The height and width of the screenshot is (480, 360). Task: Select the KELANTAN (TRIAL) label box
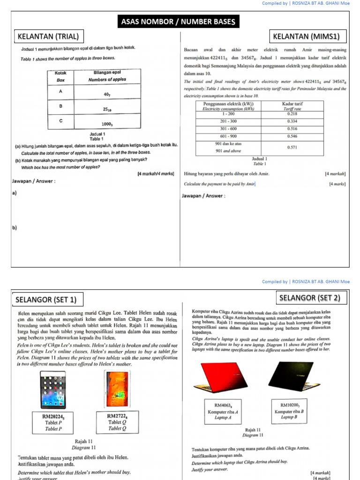coord(47,37)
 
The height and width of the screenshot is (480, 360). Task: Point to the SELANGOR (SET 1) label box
coord(45,299)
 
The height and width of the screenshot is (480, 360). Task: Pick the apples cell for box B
coord(107,109)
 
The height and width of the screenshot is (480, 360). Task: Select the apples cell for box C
coord(107,124)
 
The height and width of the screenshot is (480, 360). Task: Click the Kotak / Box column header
coord(61,76)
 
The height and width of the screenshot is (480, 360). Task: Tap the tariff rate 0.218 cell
coord(292,114)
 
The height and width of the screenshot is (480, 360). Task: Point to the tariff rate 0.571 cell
coord(292,147)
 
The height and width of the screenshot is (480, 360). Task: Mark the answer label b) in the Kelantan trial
coord(14,228)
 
